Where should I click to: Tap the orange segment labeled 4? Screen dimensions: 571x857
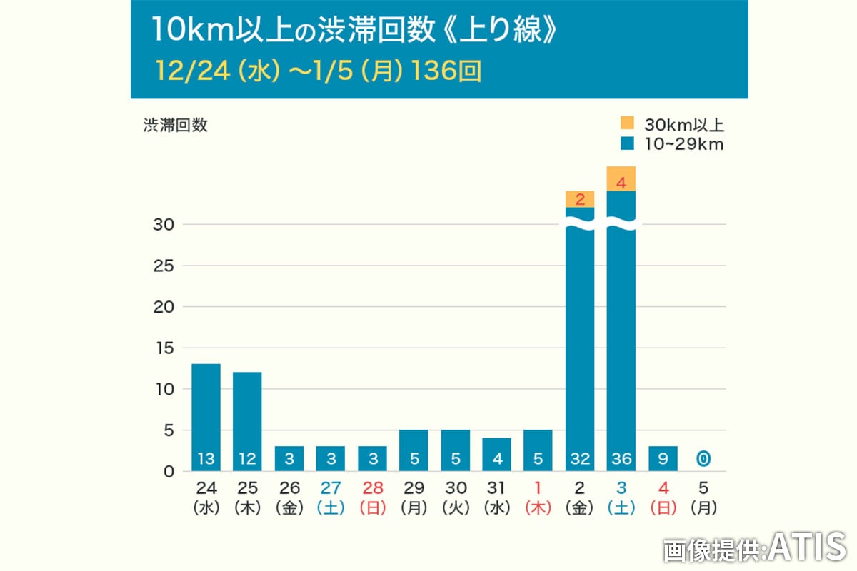pos(621,179)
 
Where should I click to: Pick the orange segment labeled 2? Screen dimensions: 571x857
pos(580,199)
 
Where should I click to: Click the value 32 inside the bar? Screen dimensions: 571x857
pos(580,459)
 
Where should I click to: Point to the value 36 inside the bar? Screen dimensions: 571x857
pos(621,459)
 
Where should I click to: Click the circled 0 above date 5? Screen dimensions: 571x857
pos(704,459)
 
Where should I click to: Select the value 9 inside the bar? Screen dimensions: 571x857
pos(663,459)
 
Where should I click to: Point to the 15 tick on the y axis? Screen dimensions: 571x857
pos(166,348)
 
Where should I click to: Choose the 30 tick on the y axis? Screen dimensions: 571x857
pos(166,225)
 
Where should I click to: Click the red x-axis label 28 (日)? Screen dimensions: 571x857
pos(372,498)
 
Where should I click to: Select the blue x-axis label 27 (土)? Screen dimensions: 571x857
pos(331,498)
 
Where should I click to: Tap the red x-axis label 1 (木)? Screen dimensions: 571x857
pos(538,498)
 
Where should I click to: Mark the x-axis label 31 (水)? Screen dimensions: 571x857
pos(497,498)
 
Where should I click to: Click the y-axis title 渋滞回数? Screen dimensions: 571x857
pos(175,125)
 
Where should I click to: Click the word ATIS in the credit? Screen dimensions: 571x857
pos(807,547)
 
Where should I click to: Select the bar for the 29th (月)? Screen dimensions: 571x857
pos(414,450)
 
